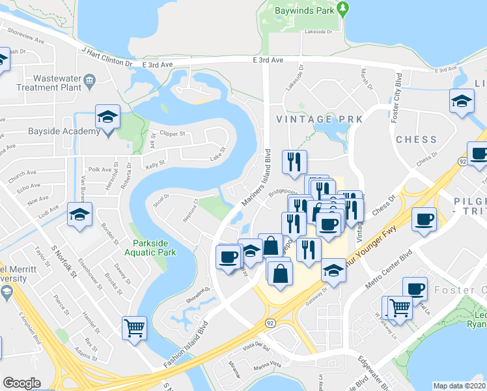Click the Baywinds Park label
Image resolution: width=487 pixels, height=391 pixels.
tap(299, 11)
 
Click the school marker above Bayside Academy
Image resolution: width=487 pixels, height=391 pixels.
tap(107, 117)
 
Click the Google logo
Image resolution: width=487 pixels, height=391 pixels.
tap(21, 383)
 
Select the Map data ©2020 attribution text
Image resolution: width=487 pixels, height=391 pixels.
tap(460, 386)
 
